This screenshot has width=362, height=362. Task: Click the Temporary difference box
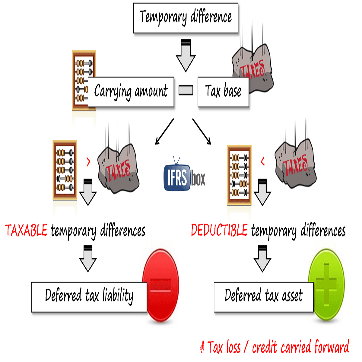(186, 18)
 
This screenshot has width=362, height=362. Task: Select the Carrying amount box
(131, 92)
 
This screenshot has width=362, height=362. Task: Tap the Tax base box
(223, 92)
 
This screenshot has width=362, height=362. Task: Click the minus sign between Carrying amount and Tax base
(186, 90)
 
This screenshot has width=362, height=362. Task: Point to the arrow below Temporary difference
(186, 56)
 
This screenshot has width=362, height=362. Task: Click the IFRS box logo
(184, 176)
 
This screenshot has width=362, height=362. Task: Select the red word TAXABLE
(26, 230)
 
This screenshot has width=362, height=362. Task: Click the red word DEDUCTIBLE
(219, 230)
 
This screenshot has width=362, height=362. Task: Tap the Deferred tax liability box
(89, 297)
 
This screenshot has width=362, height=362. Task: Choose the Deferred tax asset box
(263, 297)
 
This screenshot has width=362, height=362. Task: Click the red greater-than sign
(88, 162)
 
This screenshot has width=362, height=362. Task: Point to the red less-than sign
(263, 162)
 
